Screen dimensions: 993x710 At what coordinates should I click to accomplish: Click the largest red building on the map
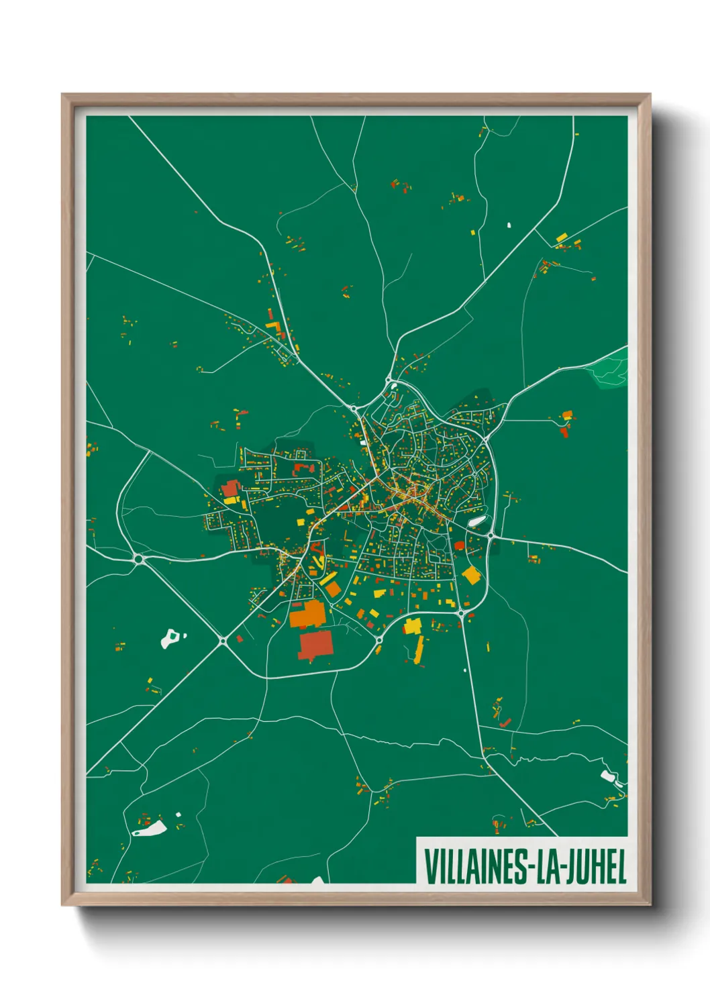click(x=315, y=645)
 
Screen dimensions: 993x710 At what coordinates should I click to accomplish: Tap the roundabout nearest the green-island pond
click(x=223, y=641)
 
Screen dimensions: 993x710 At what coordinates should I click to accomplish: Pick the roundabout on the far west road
click(x=139, y=558)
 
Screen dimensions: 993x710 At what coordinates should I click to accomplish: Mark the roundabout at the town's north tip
click(x=389, y=381)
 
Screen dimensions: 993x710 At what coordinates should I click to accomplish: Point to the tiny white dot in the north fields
click(x=509, y=225)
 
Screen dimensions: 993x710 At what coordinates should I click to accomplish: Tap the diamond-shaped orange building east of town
click(x=472, y=575)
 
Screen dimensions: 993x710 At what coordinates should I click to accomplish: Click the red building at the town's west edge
click(x=230, y=488)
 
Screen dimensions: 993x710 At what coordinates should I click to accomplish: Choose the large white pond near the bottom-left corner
click(x=150, y=830)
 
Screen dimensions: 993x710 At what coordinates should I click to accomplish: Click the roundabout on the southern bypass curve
click(x=378, y=640)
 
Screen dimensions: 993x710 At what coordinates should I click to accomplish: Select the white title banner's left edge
click(x=417, y=860)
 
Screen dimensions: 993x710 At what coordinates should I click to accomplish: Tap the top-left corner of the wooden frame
click(x=64, y=96)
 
